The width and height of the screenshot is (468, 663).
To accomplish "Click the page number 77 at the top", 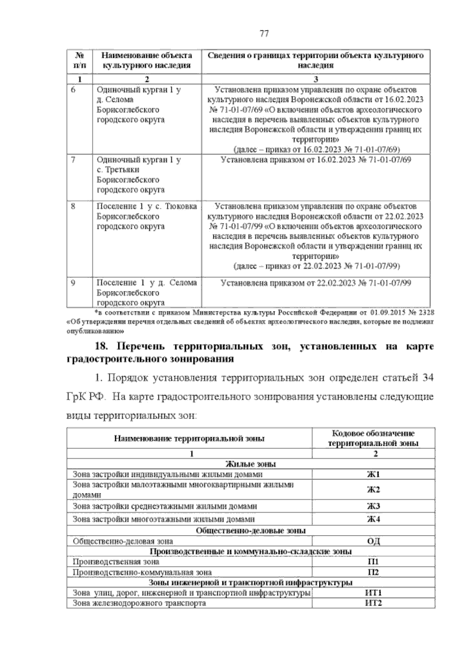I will [264, 34].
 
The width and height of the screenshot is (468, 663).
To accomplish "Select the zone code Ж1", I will [373, 474].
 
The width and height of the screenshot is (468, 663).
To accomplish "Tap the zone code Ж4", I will [373, 519].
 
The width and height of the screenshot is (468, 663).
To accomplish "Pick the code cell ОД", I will [373, 541].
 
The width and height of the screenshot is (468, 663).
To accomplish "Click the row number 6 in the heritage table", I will [73, 90].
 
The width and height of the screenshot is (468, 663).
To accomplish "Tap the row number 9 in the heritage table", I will [73, 282].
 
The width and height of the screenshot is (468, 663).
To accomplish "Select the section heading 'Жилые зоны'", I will [251, 464].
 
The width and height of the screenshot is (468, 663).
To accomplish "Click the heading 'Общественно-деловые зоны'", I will [251, 531].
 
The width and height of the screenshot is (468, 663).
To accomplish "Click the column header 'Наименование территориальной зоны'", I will [189, 438].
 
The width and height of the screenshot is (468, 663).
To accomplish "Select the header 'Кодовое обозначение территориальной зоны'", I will [373, 438].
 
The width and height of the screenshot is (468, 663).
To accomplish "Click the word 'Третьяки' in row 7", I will [122, 170].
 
